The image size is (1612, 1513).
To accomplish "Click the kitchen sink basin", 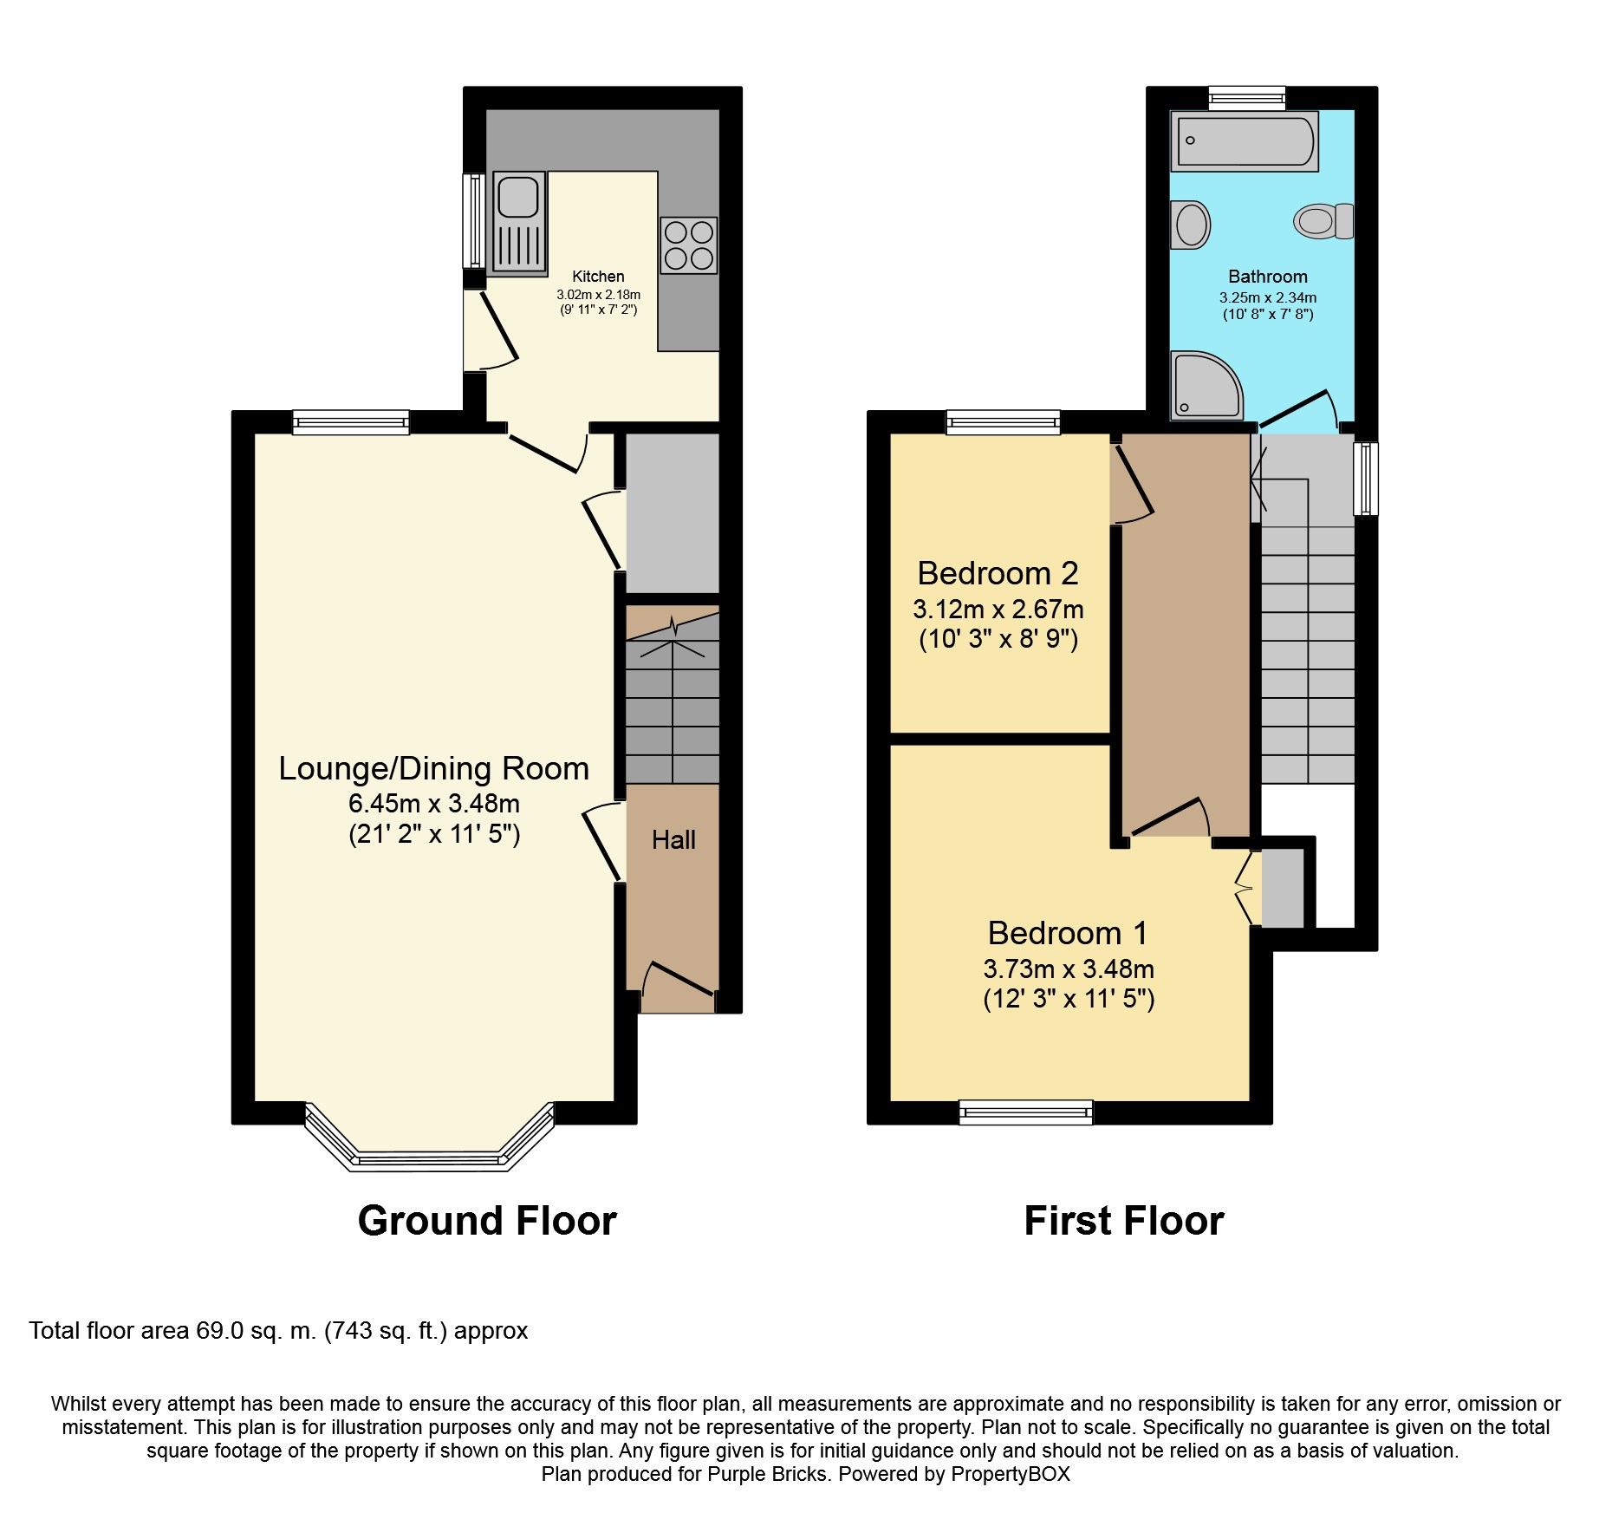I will coord(518,196).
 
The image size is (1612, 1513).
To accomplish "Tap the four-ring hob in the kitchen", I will coord(689,245).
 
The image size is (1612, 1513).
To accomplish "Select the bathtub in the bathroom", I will coord(1244,140).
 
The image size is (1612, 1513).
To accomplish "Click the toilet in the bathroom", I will coord(1323,221).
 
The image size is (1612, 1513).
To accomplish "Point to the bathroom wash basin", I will coord(1191,225).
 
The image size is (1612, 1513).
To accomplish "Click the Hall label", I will coord(673,839).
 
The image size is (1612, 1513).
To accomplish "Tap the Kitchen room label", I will coord(598,276).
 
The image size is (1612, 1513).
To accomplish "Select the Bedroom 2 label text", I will coord(998,573).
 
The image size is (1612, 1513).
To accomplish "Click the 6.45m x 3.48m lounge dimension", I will coord(433,803).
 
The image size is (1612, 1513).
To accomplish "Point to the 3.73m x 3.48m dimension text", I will coord(1068,968).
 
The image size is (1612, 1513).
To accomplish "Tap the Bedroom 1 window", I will coord(1025,1112).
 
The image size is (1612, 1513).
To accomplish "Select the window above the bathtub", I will coord(1246,97).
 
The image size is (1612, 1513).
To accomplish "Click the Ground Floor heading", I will coord(486,1221).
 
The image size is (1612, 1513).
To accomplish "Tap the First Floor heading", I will coord(1123,1221).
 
